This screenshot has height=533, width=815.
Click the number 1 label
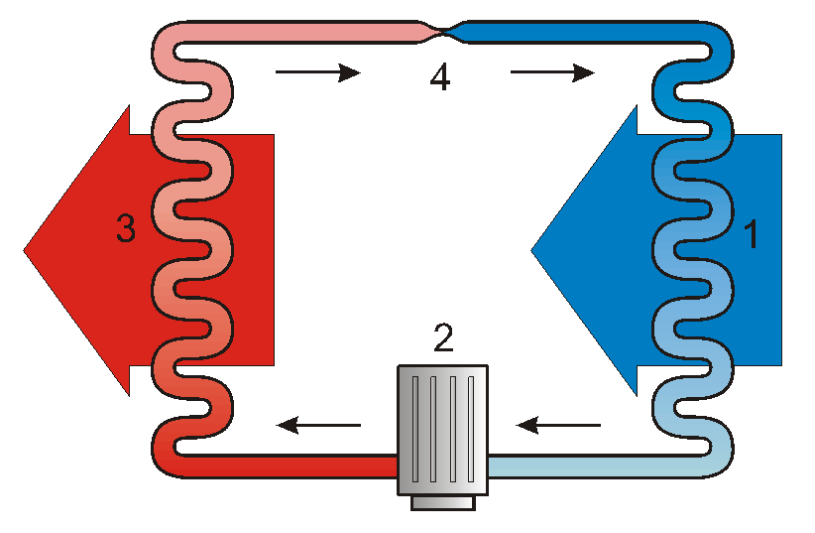tap(752, 235)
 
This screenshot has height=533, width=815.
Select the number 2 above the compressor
tap(442, 338)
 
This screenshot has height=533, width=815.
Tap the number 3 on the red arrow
tap(125, 229)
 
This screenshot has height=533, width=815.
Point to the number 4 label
tap(440, 77)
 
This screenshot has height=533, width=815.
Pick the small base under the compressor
tap(442, 502)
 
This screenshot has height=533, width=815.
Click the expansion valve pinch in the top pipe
tap(443, 33)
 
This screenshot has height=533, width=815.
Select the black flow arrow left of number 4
tap(316, 72)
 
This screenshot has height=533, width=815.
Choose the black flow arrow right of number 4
tap(551, 72)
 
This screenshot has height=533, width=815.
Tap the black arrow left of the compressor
tap(318, 425)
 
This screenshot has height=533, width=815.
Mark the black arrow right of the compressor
tap(559, 425)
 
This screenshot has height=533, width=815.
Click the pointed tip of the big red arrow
tap(27, 249)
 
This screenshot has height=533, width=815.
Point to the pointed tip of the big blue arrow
tap(534, 249)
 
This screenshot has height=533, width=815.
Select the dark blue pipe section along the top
tap(585, 33)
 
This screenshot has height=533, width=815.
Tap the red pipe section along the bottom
tap(297, 466)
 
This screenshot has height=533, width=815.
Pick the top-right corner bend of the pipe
tap(716, 40)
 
